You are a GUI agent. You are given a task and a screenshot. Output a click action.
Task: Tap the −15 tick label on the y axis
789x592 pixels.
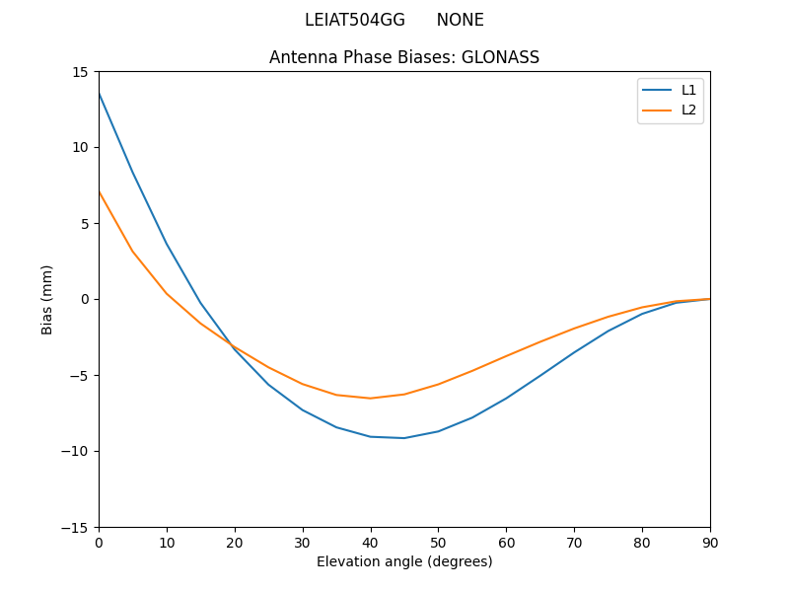pyautogui.click(x=78, y=527)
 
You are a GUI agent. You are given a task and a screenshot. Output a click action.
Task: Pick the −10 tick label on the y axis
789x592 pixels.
pyautogui.click(x=78, y=451)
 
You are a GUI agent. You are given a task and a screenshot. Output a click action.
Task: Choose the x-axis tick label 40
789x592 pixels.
pyautogui.click(x=370, y=542)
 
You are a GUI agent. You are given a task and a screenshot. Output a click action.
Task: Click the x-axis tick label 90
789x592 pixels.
pyautogui.click(x=709, y=542)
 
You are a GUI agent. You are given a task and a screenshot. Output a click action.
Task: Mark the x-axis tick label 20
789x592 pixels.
pyautogui.click(x=235, y=542)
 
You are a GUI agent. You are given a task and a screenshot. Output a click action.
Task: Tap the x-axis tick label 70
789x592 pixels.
pyautogui.click(x=574, y=542)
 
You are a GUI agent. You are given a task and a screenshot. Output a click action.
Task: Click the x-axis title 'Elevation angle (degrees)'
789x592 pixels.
pyautogui.click(x=404, y=561)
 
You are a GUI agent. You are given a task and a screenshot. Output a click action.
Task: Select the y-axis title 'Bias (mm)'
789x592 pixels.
pyautogui.click(x=47, y=299)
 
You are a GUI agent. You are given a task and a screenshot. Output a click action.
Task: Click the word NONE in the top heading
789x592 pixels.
pyautogui.click(x=460, y=20)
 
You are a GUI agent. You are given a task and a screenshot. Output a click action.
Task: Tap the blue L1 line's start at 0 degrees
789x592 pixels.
pyautogui.click(x=100, y=93)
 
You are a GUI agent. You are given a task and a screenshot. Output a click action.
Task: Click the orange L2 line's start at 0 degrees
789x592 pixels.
pyautogui.click(x=100, y=192)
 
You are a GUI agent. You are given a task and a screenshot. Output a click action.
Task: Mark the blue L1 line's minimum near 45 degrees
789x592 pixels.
pyautogui.click(x=404, y=438)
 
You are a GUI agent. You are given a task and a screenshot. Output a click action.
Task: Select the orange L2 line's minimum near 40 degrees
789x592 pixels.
pyautogui.click(x=370, y=399)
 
